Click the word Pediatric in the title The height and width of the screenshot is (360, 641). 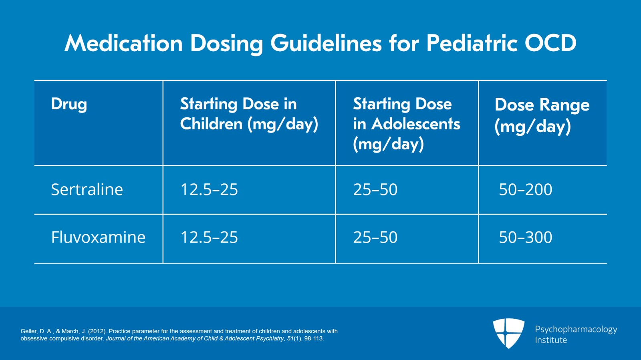pos(472,43)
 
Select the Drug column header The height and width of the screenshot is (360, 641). pos(69,104)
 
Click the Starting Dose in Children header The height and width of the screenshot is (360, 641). pos(249,114)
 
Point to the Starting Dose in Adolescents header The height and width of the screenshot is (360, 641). pos(406,124)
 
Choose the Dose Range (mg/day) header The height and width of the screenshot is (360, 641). pos(542,115)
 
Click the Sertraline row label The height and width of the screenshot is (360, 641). pos(87,189)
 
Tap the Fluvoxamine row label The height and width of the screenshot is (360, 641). pos(98,237)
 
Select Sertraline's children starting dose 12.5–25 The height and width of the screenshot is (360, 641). pos(209,189)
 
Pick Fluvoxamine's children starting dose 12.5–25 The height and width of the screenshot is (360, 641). pos(209,237)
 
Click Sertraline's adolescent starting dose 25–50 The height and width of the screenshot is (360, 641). pos(375,189)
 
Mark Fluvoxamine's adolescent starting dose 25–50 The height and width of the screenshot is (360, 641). pos(375,237)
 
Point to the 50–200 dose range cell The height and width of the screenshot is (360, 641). pos(525,189)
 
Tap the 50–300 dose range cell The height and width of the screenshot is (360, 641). pos(525,237)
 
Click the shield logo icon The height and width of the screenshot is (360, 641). pos(508,333)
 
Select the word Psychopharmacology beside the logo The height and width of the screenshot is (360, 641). pos(576,329)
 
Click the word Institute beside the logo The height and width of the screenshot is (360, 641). pos(551,340)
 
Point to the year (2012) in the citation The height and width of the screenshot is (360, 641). pos(97,331)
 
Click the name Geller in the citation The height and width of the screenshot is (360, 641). pos(29,331)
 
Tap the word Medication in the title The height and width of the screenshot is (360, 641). pos(123,43)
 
